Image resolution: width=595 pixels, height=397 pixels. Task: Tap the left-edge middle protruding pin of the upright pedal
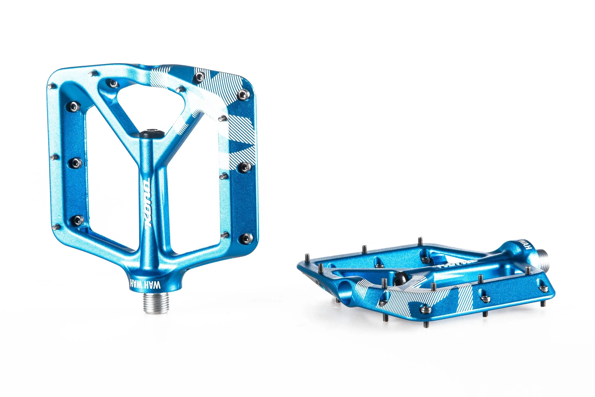click(x=53, y=157)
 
